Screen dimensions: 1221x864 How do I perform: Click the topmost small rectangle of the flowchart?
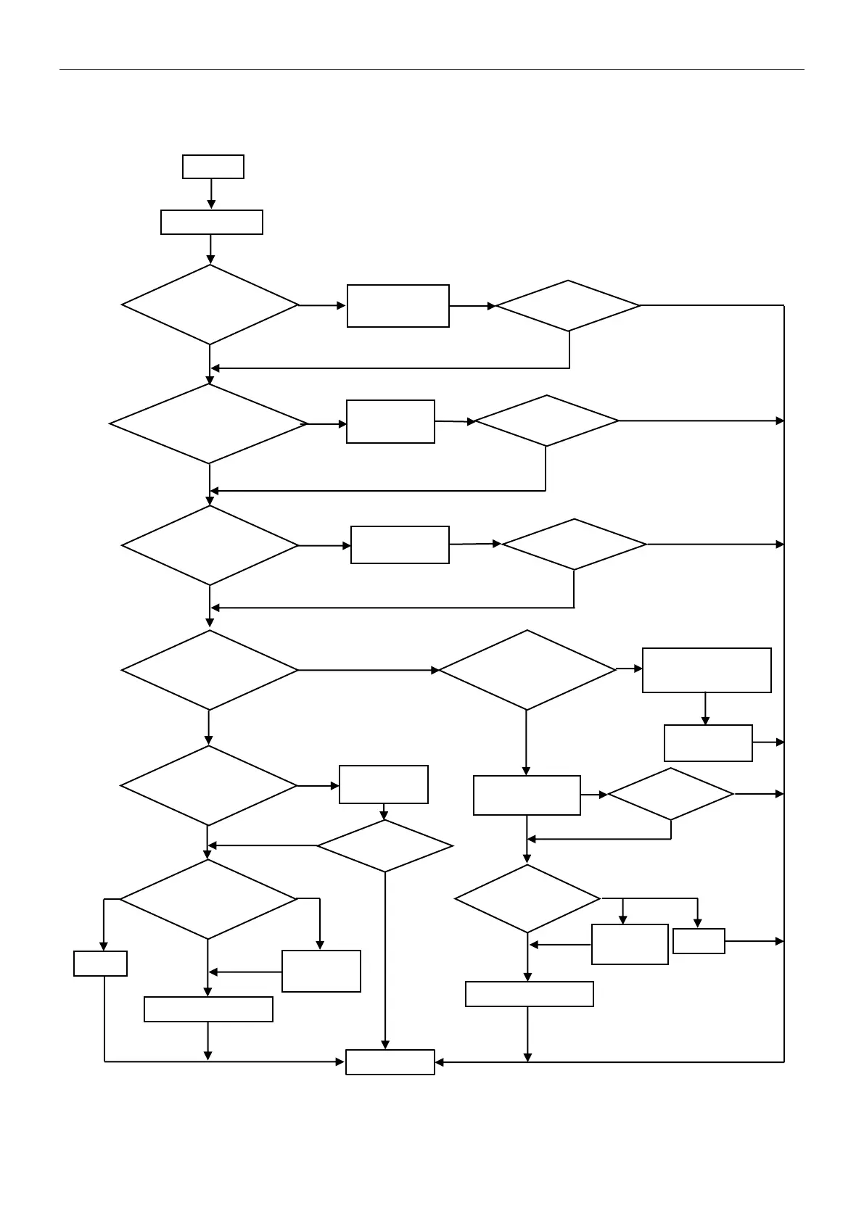pyautogui.click(x=213, y=166)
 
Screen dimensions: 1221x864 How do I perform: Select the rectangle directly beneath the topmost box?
pyautogui.click(x=211, y=222)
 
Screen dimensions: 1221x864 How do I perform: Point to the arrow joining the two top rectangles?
pyautogui.click(x=211, y=194)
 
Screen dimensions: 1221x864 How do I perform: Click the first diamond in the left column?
pyautogui.click(x=210, y=305)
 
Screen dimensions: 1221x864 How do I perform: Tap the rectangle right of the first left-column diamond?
pyautogui.click(x=398, y=306)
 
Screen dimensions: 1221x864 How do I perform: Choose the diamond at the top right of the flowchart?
pyautogui.click(x=568, y=305)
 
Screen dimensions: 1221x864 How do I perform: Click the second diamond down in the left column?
pyautogui.click(x=209, y=423)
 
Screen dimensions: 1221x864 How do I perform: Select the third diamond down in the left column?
pyautogui.click(x=210, y=545)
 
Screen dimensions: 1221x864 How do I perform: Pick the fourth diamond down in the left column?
pyautogui.click(x=210, y=670)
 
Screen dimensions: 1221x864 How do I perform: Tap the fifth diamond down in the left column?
pyautogui.click(x=208, y=785)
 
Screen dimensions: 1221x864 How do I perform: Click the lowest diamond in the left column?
pyautogui.click(x=208, y=899)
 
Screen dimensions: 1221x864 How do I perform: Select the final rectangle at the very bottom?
pyautogui.click(x=390, y=1062)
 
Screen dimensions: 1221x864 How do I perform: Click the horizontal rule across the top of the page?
pyautogui.click(x=432, y=70)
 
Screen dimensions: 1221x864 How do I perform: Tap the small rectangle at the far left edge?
pyautogui.click(x=100, y=964)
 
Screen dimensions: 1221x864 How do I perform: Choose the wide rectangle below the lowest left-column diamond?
pyautogui.click(x=208, y=1009)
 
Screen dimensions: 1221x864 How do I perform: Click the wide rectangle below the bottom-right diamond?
pyautogui.click(x=529, y=994)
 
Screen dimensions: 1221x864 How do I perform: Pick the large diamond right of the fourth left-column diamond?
pyautogui.click(x=527, y=670)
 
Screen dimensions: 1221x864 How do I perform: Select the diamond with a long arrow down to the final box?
pyautogui.click(x=384, y=846)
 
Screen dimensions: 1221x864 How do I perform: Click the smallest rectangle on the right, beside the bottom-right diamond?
pyautogui.click(x=699, y=941)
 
